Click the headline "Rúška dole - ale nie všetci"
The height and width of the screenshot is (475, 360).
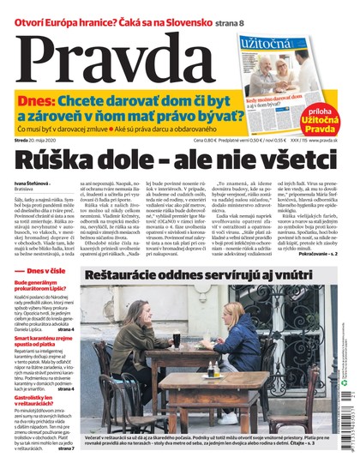tap(179, 158)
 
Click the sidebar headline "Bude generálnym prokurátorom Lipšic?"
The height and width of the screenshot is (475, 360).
tap(42, 263)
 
